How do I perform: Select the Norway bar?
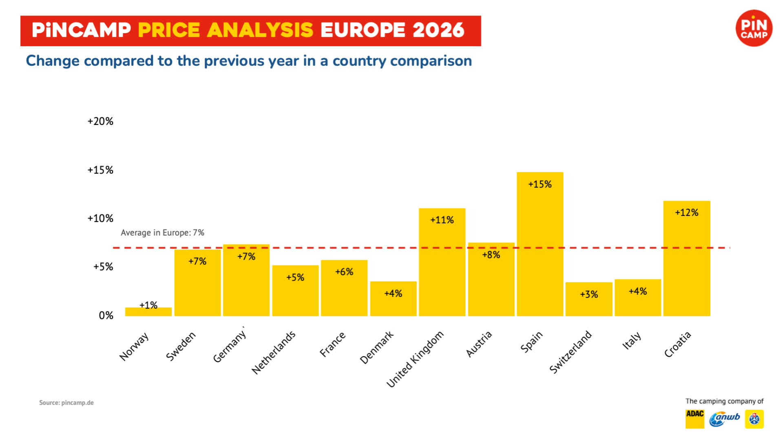coord(148,312)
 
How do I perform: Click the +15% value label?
coord(540,184)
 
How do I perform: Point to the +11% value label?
coord(442,220)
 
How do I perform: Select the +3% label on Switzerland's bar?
coord(588,294)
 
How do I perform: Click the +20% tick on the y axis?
coord(100,121)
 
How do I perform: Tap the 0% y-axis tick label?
coord(106,316)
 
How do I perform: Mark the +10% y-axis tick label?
coord(100,218)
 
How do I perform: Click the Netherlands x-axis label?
coord(274,352)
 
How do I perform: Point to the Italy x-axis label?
coord(632,341)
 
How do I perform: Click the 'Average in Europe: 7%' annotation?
coord(162,233)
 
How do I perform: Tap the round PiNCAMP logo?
coord(754,28)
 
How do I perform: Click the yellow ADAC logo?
coord(695,419)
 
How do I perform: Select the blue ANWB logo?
coord(725,419)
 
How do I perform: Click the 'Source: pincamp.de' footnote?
coord(66,403)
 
